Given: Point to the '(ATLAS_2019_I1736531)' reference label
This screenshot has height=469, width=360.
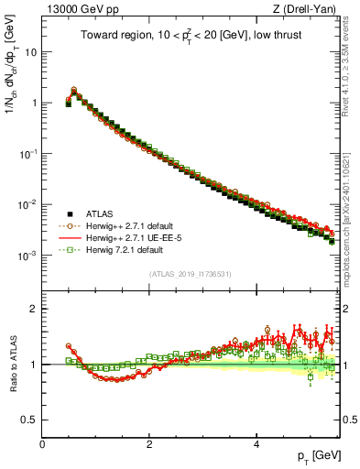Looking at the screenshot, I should tap(190, 273).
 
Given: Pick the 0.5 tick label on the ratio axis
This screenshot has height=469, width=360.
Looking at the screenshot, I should tap(29, 420).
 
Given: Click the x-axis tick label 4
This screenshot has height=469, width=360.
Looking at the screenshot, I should tap(256, 444).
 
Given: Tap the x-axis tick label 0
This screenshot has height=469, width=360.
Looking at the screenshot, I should tap(42, 444).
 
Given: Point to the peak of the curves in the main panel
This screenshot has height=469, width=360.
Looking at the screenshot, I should tap(73, 90).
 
